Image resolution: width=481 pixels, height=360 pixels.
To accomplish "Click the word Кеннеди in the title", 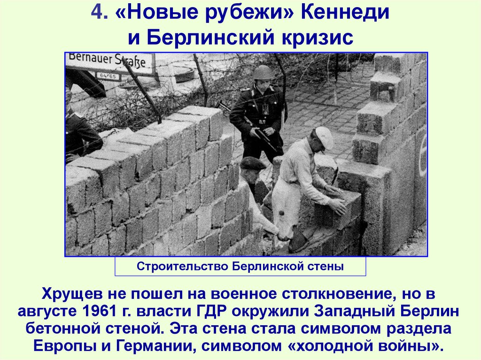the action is click(345, 13).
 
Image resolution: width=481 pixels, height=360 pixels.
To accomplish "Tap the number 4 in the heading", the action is click(97, 12).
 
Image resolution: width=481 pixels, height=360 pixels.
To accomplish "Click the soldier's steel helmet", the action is click(263, 72).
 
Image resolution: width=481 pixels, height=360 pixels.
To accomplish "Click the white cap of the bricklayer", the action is click(325, 138).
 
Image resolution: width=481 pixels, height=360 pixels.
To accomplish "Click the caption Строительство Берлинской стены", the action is click(240, 266).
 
